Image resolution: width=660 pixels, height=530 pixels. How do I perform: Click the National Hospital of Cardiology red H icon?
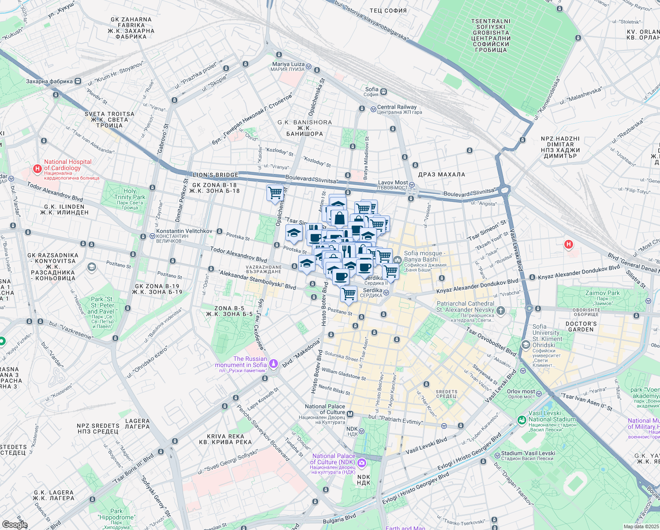[37, 169]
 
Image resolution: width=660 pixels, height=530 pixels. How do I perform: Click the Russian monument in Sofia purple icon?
[274, 363]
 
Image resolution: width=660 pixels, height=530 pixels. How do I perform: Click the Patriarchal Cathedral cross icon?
[500, 310]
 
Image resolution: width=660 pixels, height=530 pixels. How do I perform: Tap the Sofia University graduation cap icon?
[525, 344]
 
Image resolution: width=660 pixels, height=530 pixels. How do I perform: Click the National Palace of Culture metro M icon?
[350, 414]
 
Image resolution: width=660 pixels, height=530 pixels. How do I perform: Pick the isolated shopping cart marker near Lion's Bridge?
[275, 193]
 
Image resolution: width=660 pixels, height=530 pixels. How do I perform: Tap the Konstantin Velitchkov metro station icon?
[152, 236]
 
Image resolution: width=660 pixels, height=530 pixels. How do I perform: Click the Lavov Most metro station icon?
[411, 185]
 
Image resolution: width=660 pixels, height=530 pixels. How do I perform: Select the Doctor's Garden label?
[581, 326]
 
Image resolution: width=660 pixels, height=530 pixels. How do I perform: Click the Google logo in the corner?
[15, 525]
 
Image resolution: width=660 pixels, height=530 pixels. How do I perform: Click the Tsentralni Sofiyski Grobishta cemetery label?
[491, 35]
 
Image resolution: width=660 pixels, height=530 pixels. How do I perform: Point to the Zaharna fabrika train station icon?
[78, 81]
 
